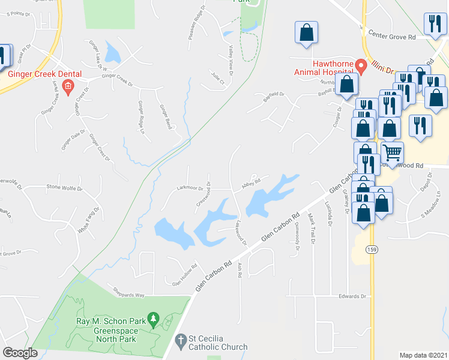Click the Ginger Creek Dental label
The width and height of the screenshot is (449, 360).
click(44, 74)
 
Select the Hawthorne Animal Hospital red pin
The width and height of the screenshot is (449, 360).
click(361, 65)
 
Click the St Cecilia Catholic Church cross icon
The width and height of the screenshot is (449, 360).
click(179, 342)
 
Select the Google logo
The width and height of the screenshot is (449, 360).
click(20, 353)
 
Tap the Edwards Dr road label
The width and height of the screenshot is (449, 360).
click(352, 296)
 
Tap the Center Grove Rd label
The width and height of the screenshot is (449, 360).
click(392, 37)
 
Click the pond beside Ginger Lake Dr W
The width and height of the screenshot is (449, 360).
click(112, 53)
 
